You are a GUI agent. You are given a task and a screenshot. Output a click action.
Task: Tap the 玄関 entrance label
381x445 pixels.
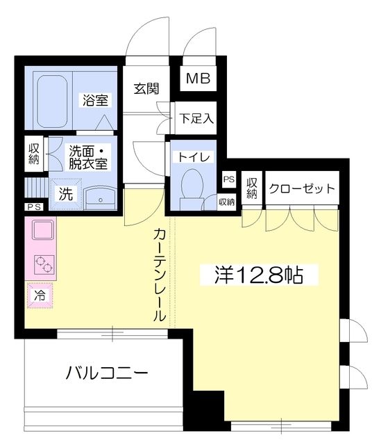coord(146,89)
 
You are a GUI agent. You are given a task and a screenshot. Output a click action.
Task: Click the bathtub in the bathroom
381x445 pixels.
coord(51,101)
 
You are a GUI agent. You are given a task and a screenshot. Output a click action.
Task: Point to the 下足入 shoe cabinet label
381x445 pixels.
coord(196,118)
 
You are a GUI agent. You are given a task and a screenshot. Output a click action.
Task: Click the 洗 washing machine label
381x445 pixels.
coord(65,194)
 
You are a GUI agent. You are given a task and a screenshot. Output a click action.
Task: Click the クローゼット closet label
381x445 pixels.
coord(301,188)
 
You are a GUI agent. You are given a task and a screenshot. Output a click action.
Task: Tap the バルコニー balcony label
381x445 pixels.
coord(107,373)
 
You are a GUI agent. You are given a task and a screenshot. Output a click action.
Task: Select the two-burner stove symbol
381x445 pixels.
coord(41,265)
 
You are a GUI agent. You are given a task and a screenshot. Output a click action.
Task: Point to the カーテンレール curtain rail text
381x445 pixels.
coord(160,275)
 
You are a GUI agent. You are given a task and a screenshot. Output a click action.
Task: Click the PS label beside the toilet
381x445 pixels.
coord(228,179)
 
